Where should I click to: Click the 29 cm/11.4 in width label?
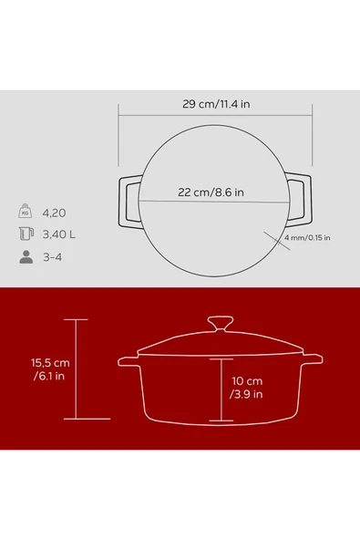(x=216, y=104)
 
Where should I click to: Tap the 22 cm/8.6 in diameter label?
(x=211, y=192)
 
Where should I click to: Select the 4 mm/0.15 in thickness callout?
(x=307, y=238)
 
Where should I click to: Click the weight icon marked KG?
(x=26, y=211)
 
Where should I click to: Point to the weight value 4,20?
(x=54, y=213)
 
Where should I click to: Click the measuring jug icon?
(x=26, y=234)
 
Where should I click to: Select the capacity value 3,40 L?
(x=59, y=234)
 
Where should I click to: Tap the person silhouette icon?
(x=26, y=257)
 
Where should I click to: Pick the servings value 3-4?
(x=52, y=257)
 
